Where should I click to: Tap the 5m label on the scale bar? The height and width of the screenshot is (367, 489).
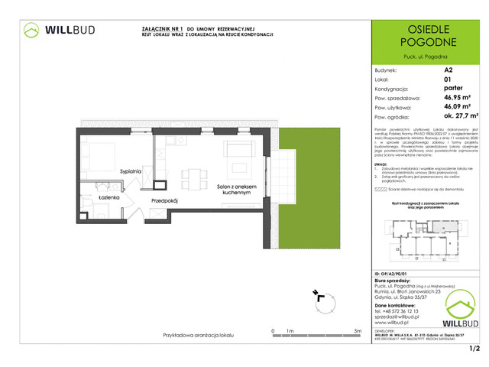357,330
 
